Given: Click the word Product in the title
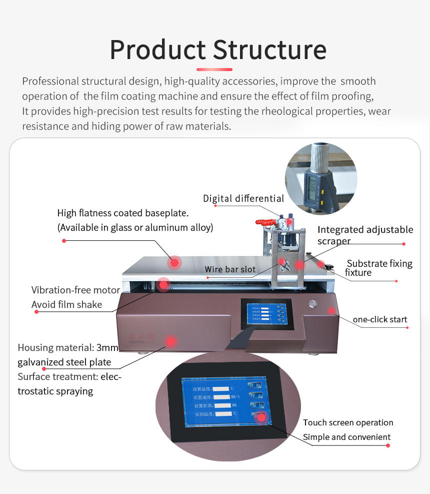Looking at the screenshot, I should [x=157, y=50].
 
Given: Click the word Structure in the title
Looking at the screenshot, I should [x=270, y=50].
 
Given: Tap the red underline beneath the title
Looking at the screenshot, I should [x=214, y=70].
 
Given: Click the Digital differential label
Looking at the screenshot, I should [x=243, y=199].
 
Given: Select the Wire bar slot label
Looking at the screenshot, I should [x=230, y=269].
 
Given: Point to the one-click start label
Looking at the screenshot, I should [x=379, y=319].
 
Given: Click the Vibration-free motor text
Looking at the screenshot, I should [x=75, y=290].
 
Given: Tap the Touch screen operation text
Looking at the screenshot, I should [x=347, y=422].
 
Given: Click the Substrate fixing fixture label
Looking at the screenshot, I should [x=378, y=268].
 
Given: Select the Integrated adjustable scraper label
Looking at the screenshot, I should [x=365, y=235].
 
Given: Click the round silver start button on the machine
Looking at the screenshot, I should [x=313, y=303].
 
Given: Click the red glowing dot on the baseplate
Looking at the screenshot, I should [x=174, y=262].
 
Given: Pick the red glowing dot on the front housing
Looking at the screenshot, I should [x=171, y=341].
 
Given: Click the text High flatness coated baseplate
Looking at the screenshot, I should [x=122, y=213].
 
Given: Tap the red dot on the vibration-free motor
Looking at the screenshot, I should [x=163, y=284].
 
